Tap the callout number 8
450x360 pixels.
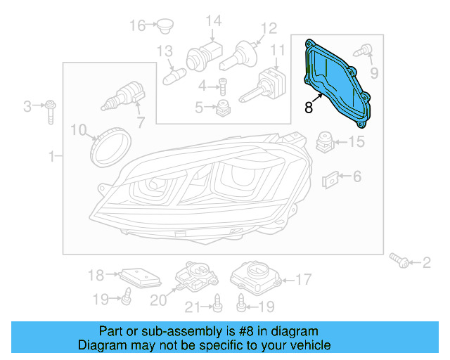pyautogui.click(x=309, y=108)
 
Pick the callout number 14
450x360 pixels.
pyautogui.click(x=213, y=21)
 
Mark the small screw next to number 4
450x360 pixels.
pyautogui.click(x=223, y=86)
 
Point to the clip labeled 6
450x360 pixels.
pyautogui.click(x=331, y=181)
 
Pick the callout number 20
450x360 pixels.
pyautogui.click(x=159, y=300)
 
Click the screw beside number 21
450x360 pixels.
pyautogui.click(x=217, y=303)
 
